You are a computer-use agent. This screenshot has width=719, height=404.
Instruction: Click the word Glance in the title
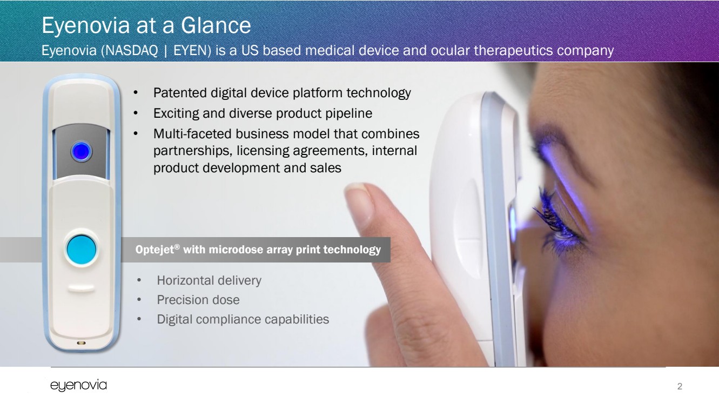(216, 25)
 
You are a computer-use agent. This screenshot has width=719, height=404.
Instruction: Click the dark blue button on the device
(81, 151)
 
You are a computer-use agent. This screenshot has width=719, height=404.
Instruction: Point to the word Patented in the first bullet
(180, 93)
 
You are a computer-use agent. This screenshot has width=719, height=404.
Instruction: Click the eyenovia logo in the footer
(79, 386)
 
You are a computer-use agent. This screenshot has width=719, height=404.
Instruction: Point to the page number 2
(680, 386)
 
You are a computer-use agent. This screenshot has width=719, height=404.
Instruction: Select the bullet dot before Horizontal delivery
(139, 280)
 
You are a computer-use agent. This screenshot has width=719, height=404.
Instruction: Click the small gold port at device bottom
(81, 343)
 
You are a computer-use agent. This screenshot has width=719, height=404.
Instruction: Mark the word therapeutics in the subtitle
(513, 51)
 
